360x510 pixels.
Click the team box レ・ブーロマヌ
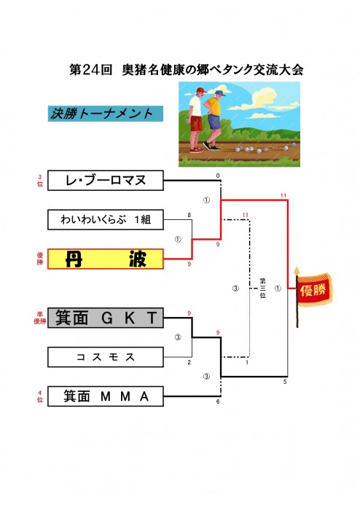[106, 180]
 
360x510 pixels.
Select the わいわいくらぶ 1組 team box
[106, 219]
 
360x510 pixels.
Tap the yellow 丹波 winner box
[106, 259]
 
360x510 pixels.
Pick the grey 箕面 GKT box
[106, 318]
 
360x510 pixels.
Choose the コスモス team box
[106, 357]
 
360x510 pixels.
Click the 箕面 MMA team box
[106, 396]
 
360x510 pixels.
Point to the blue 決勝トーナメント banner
[106, 114]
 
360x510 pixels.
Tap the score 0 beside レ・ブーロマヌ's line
[218, 176]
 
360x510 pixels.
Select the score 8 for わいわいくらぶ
[189, 215]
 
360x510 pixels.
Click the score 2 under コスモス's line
[189, 362]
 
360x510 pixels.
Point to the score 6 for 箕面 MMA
[218, 401]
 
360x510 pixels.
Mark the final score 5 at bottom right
[285, 382]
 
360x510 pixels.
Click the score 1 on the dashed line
[247, 362]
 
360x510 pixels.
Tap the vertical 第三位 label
[263, 288]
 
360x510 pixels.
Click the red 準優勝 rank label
[40, 318]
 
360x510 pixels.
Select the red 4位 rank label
[40, 396]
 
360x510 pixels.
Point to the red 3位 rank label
[40, 180]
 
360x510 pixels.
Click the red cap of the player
[201, 90]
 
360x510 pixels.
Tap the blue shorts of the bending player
[214, 122]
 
